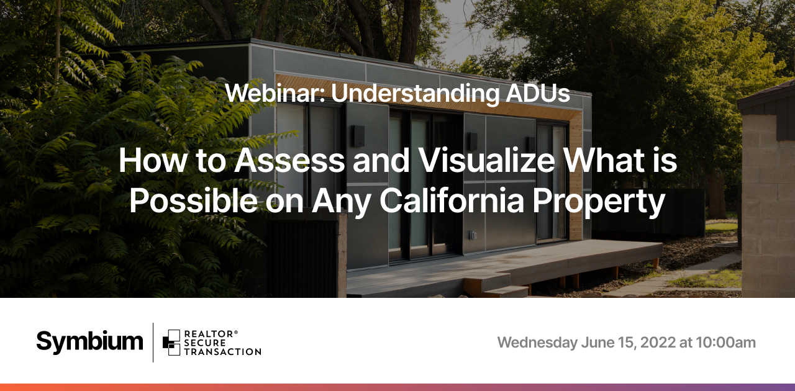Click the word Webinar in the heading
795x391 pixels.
275,93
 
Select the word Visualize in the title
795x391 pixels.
487,160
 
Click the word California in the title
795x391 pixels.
452,200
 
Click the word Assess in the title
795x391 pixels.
289,160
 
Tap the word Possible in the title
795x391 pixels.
193,200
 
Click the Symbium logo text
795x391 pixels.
89,342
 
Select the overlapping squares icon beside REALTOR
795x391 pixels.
171,343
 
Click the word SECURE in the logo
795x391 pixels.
205,343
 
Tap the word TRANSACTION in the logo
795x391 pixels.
222,352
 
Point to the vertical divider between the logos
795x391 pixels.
153,343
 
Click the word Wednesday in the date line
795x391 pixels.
537,343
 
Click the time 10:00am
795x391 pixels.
726,343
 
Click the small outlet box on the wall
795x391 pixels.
472,235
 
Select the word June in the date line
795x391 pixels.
597,343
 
